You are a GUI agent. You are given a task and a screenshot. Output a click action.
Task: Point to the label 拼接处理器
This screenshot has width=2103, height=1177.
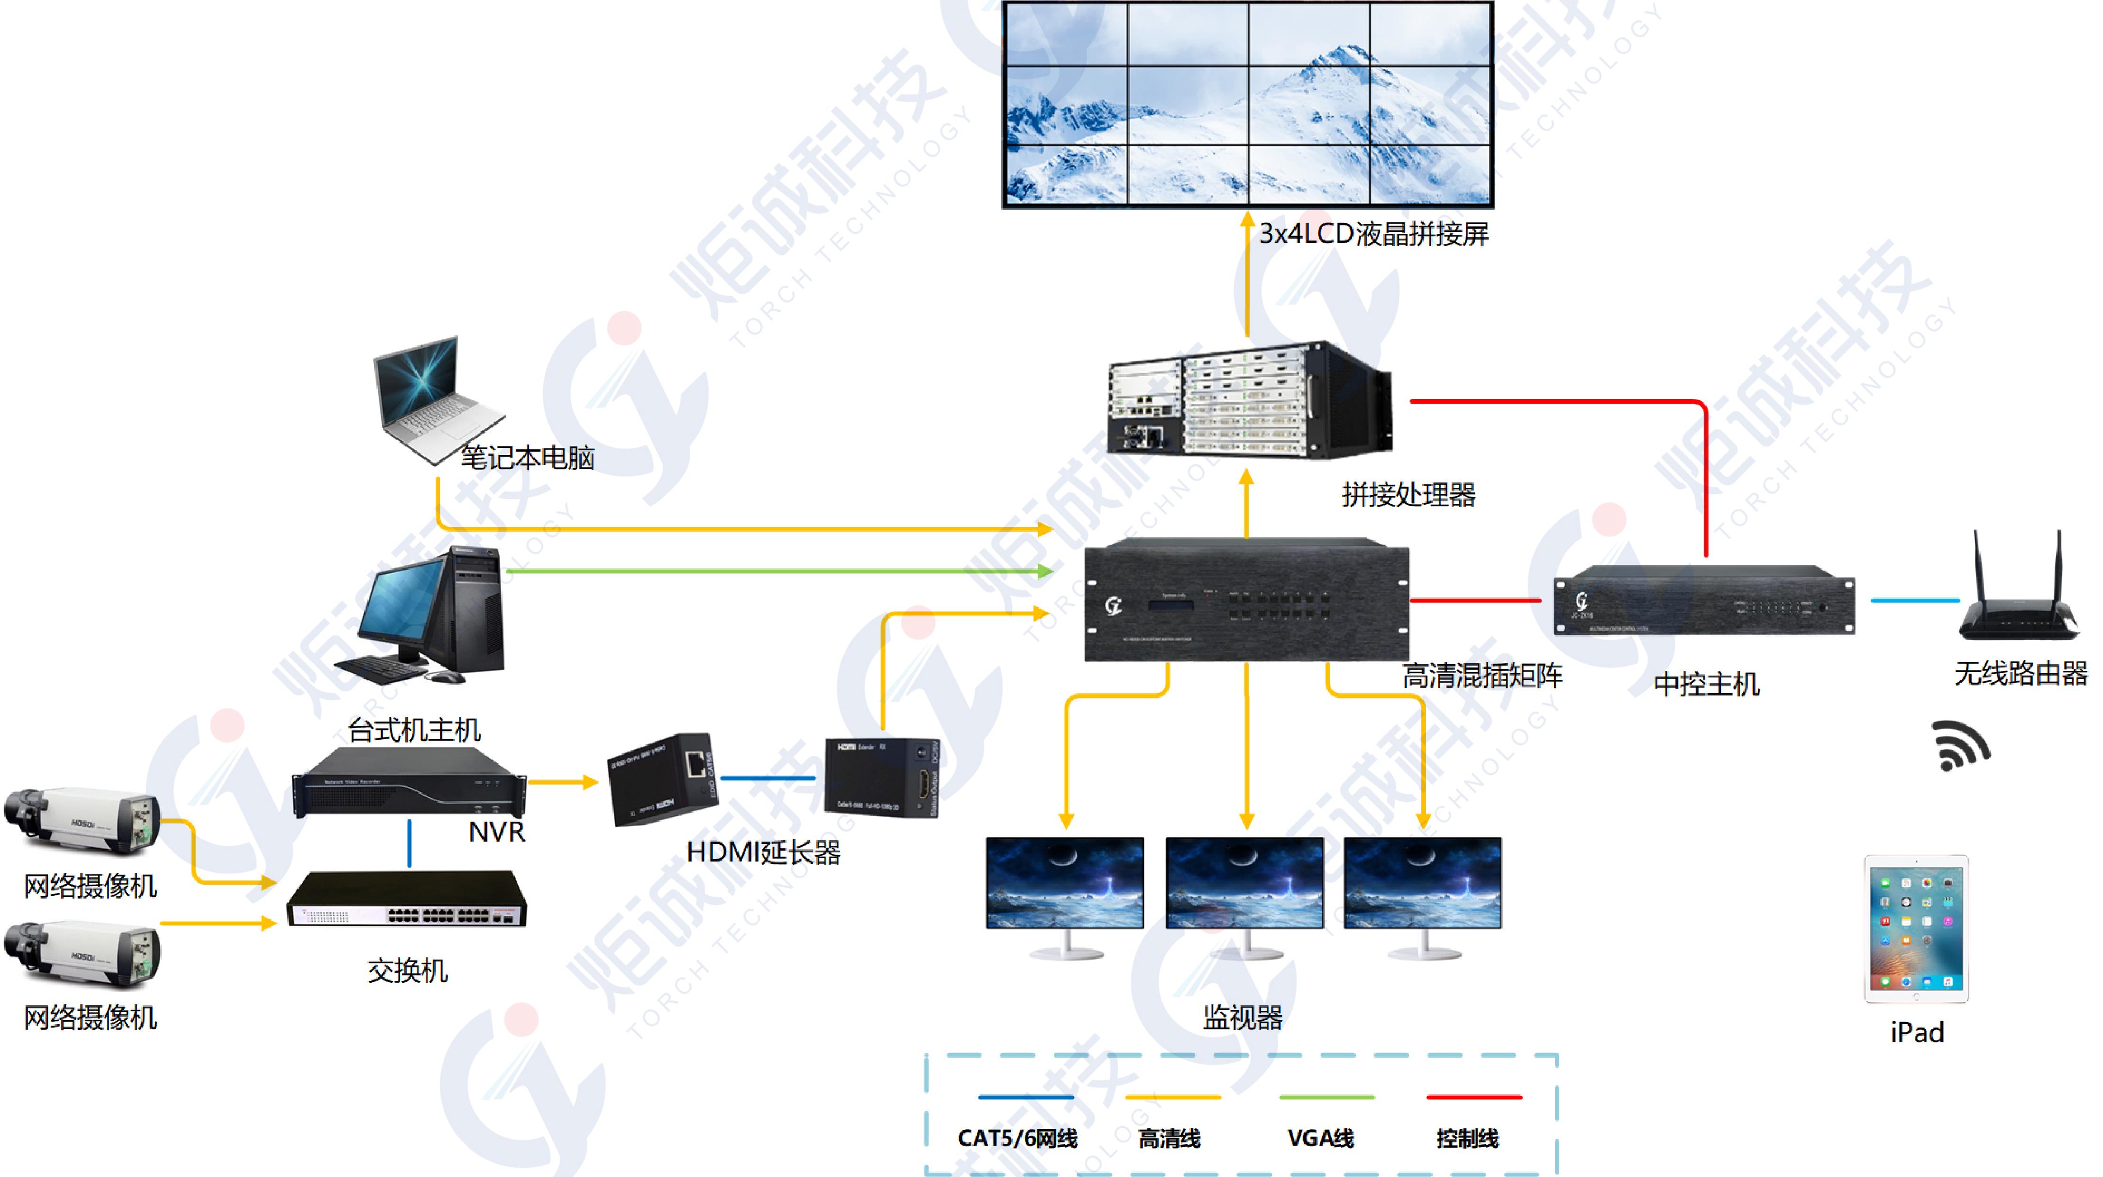(1408, 495)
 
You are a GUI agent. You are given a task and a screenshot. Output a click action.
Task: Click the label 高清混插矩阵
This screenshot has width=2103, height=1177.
(1482, 676)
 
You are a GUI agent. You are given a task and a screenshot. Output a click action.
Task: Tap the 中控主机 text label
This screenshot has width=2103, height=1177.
(1706, 684)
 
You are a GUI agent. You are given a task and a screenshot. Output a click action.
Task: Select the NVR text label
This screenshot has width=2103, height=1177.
(496, 832)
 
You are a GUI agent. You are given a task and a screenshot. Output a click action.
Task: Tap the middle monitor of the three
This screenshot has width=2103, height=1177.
(1245, 894)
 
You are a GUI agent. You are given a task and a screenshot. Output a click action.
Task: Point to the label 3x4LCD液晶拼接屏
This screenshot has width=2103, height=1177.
(1374, 234)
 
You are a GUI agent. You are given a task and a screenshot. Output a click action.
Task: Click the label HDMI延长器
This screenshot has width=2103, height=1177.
(763, 853)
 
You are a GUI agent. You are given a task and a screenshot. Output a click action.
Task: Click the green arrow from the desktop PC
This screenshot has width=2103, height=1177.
(776, 571)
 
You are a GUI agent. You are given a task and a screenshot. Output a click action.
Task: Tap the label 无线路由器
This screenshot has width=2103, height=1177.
(2021, 674)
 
